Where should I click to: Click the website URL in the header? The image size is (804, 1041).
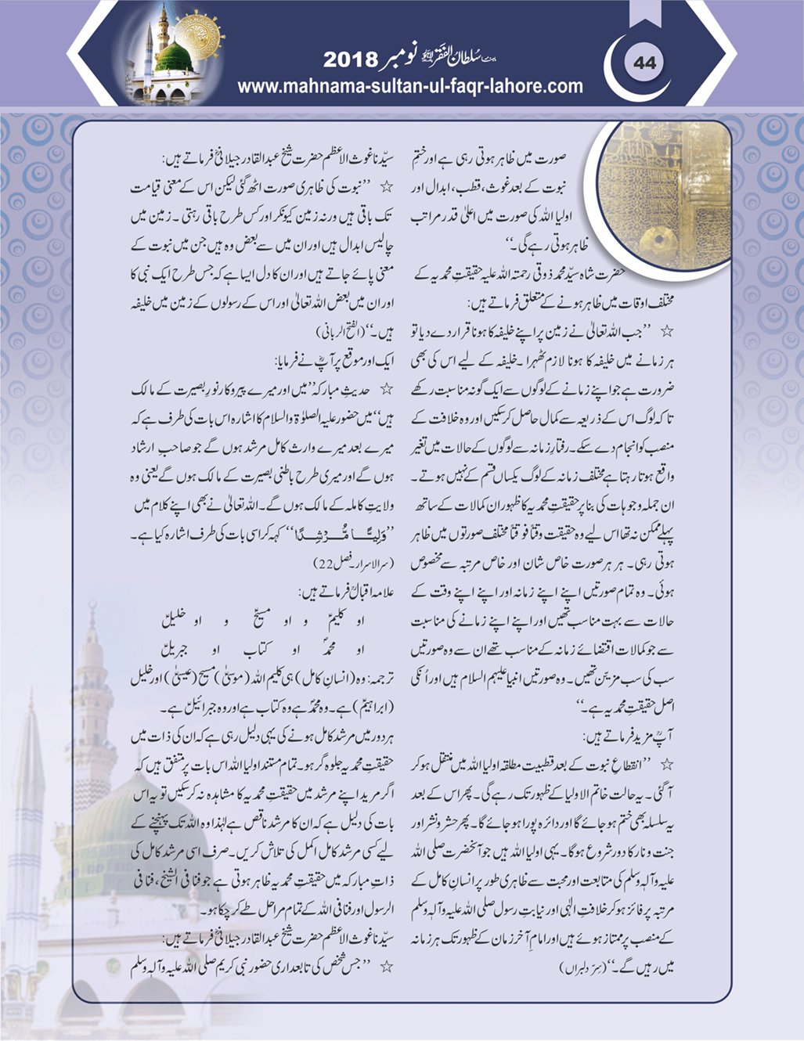tap(410, 85)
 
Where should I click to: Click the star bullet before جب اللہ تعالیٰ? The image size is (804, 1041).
tap(667, 331)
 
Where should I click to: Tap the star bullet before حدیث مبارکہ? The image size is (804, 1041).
tap(384, 387)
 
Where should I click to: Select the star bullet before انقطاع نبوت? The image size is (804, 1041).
tap(667, 762)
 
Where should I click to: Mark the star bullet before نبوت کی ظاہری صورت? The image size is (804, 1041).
tap(384, 188)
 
